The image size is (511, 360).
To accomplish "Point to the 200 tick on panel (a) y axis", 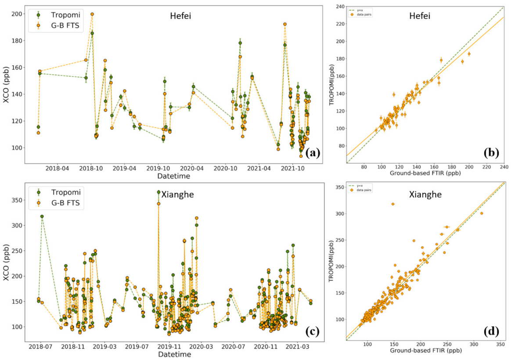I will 18,14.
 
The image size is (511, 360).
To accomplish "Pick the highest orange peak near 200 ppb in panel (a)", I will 92,14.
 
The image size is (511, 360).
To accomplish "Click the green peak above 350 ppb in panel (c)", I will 158,192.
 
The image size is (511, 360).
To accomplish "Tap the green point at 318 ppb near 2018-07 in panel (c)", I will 42,216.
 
